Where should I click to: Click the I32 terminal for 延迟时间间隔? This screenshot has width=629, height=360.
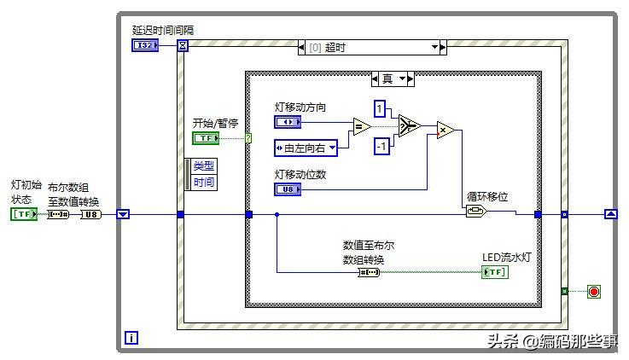(145, 44)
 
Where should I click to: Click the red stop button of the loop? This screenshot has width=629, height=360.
(594, 292)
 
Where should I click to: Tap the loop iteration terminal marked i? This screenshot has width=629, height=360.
(131, 338)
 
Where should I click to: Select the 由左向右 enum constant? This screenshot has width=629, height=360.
(306, 148)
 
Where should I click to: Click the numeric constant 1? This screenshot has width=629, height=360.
(381, 108)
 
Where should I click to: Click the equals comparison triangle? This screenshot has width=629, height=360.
(362, 127)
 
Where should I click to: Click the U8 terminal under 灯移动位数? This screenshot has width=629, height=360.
(288, 189)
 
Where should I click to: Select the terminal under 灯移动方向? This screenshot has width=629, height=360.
(288, 122)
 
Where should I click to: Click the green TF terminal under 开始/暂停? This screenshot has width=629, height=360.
(205, 138)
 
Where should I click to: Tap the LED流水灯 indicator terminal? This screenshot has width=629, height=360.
(494, 272)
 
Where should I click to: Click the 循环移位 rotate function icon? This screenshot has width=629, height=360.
(475, 212)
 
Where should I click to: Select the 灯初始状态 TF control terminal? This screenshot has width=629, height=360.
(23, 214)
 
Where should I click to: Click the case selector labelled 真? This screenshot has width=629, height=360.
(393, 78)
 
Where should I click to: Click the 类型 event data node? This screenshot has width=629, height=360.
(204, 165)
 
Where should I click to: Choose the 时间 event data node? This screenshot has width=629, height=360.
(204, 182)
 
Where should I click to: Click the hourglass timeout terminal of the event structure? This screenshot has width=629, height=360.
(182, 45)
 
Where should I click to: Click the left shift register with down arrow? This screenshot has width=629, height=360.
(123, 214)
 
